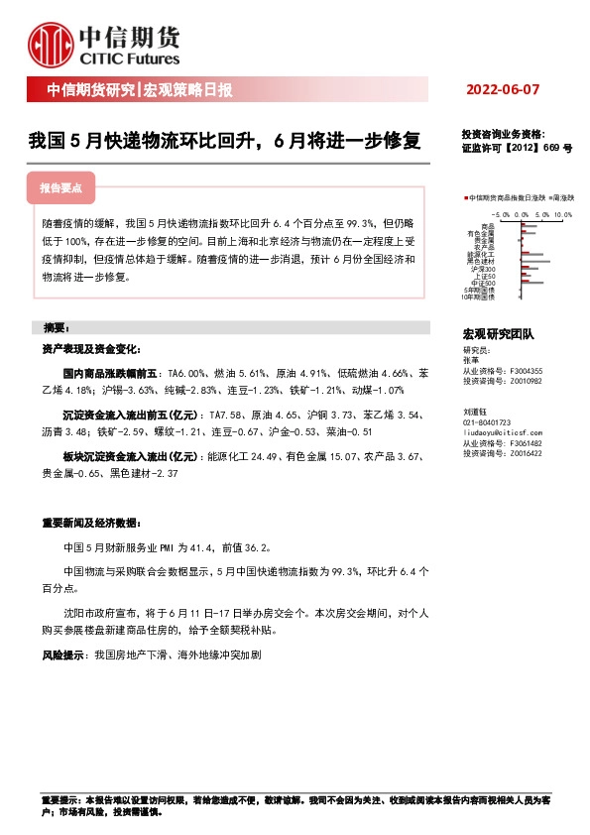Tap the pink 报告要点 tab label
[x=60, y=186]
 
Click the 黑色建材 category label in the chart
[x=483, y=260]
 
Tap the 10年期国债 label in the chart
[x=478, y=297]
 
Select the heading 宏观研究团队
[x=499, y=335]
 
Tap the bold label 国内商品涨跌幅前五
[x=109, y=373]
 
